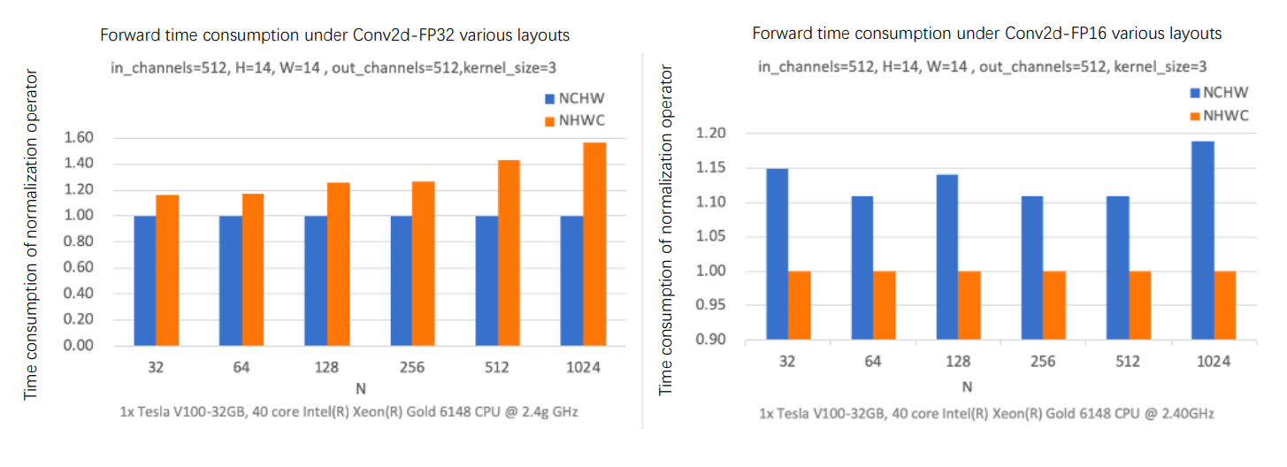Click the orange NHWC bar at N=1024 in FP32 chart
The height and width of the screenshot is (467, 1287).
[x=594, y=244]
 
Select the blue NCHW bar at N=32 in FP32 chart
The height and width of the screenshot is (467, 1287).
[x=145, y=280]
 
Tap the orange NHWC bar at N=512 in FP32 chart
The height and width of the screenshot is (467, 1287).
[x=509, y=253]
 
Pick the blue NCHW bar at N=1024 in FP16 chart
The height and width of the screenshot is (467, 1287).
[x=1203, y=240]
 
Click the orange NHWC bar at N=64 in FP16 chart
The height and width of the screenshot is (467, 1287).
[x=885, y=305]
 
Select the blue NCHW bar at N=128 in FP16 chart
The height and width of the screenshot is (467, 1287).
[x=947, y=256]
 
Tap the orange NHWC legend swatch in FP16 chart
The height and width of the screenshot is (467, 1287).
[x=1197, y=114]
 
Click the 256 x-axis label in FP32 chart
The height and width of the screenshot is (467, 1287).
[x=411, y=368]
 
